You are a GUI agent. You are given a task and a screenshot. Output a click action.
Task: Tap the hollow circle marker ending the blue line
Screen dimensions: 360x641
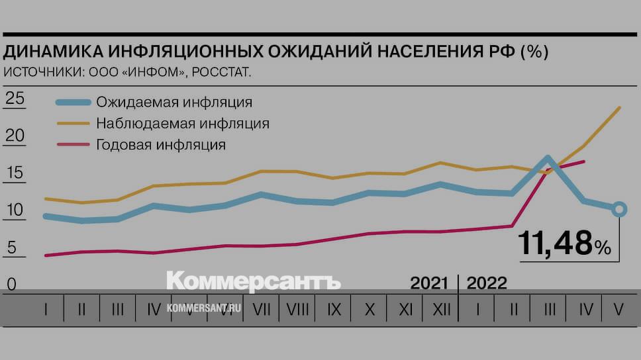coord(618,209)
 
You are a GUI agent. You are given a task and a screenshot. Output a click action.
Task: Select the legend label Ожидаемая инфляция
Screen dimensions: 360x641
coord(174,103)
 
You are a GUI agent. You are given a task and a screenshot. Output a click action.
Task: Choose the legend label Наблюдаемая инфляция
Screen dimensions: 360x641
coord(183,123)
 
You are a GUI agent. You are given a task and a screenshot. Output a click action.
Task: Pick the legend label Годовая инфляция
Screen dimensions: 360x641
coord(161,144)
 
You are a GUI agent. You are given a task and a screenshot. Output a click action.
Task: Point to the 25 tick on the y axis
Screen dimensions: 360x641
coord(15,99)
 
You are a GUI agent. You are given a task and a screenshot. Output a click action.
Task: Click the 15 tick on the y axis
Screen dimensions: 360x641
coord(15,174)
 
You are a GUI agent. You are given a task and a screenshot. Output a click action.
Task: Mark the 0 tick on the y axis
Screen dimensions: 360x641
coord(11,285)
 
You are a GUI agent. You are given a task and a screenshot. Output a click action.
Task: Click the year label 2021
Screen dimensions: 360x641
coord(429,284)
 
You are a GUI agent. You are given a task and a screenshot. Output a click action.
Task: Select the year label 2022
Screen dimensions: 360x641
coord(487,284)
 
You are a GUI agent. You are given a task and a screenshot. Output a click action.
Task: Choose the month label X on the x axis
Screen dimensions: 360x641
coord(370,309)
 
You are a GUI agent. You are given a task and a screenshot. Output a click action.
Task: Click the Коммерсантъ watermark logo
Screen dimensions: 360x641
coord(254,281)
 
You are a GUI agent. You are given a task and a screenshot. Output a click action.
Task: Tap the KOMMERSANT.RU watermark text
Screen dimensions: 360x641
coord(203,308)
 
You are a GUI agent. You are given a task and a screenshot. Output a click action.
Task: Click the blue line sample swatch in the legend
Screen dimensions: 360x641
coord(72,103)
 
